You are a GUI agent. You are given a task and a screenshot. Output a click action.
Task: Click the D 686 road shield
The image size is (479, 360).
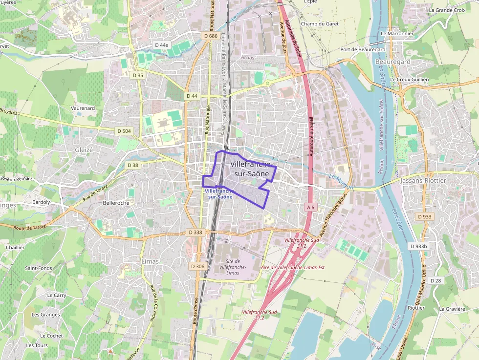[210, 36]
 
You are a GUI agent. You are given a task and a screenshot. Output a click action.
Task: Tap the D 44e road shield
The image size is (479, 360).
[161, 45]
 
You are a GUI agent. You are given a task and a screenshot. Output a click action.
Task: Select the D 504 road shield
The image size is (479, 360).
[125, 131]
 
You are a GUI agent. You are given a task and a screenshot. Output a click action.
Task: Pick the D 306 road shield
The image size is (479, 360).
[196, 266]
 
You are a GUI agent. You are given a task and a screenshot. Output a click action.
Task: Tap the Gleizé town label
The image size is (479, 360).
[84, 150]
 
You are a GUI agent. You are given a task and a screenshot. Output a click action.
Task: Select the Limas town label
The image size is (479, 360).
[150, 261]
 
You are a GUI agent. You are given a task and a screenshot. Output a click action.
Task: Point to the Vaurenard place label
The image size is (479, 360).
[83, 108]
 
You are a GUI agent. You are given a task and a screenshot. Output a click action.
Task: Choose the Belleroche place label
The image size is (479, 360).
[116, 203]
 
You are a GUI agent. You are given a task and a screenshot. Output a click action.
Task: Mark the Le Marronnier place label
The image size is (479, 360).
[397, 33]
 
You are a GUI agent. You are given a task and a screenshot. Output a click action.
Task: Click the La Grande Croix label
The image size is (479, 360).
[447, 10]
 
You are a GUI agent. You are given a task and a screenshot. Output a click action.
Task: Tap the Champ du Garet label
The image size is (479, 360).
[320, 23]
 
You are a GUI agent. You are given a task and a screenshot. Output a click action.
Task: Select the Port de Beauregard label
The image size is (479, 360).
[363, 50]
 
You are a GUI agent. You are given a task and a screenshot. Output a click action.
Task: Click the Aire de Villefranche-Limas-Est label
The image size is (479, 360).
[293, 267]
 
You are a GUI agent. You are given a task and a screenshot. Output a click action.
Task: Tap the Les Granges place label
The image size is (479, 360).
[45, 315]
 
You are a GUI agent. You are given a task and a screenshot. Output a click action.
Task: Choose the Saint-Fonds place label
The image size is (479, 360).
[39, 268]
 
